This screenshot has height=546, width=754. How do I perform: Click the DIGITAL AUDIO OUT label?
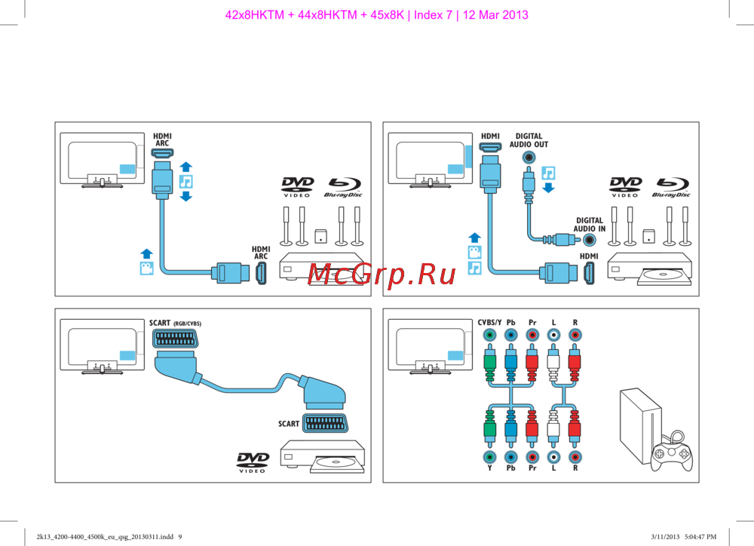[528, 140]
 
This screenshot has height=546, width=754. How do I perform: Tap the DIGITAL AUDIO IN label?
[589, 225]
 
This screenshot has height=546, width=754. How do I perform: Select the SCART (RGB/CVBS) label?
[175, 323]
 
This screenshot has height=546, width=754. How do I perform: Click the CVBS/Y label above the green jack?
[489, 322]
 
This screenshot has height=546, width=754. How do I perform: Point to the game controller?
[672, 454]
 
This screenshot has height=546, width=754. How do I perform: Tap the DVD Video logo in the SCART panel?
[252, 462]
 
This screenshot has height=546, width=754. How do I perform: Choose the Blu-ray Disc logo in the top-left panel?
[343, 187]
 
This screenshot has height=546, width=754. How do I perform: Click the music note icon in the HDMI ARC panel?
[186, 182]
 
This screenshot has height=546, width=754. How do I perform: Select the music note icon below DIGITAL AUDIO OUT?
[548, 173]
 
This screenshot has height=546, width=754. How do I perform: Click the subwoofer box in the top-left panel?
[320, 236]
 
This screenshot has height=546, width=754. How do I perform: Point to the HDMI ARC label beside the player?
[260, 252]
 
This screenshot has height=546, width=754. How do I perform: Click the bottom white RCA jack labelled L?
[554, 457]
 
